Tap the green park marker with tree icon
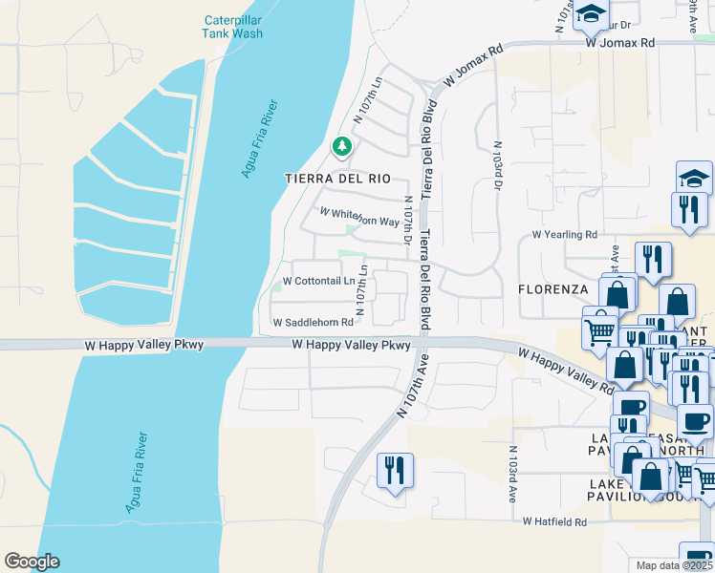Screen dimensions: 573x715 (341, 147)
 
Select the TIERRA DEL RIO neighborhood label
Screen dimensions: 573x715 (337, 179)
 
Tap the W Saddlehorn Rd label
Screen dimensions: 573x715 (313, 323)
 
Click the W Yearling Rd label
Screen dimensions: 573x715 (564, 234)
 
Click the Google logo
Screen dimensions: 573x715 (32, 562)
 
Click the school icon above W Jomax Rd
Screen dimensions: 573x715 (592, 14)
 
